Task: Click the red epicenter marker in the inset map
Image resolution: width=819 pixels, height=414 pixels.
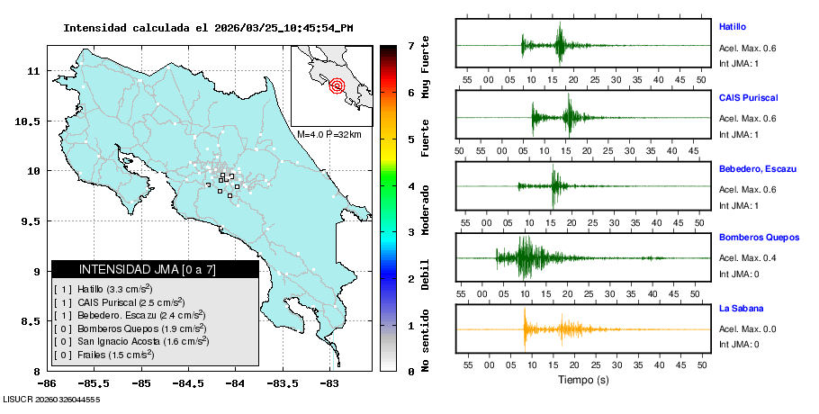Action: (337, 86)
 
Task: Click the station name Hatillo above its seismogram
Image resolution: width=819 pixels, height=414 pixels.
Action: (732, 27)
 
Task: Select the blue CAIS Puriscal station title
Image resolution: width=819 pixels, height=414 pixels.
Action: (748, 97)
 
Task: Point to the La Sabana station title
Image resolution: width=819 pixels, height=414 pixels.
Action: (739, 308)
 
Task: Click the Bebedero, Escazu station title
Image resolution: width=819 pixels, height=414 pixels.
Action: (759, 168)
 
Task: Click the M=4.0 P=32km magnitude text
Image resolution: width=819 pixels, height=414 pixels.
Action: (329, 134)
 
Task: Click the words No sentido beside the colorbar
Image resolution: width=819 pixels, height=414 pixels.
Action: (425, 339)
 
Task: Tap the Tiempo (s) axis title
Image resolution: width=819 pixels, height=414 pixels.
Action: (583, 380)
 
